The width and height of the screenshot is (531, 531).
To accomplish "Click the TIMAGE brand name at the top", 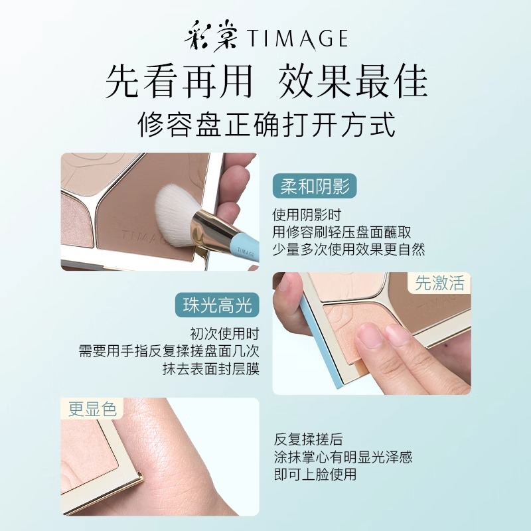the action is point(297,38).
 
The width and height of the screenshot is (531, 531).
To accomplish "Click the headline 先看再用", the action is point(179,82).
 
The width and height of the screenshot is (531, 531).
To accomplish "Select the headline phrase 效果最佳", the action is point(352,82).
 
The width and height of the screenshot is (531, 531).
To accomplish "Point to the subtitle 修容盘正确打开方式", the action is point(267,125).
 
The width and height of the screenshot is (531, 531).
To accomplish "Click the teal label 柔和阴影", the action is point(315,186).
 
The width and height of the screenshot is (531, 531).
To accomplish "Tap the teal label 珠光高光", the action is point(217,305).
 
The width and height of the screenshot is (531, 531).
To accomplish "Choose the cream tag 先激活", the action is point(439,283).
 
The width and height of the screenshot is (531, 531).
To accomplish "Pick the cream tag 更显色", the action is point(92,409).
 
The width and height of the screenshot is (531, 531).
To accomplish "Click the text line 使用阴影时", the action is point(307,214).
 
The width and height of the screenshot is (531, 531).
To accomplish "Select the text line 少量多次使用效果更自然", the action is point(348,250).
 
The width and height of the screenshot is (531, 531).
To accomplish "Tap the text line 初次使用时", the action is point(224,334).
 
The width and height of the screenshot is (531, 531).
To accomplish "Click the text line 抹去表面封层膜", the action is point(210,369).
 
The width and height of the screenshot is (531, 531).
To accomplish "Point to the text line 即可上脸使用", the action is point(315,474).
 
